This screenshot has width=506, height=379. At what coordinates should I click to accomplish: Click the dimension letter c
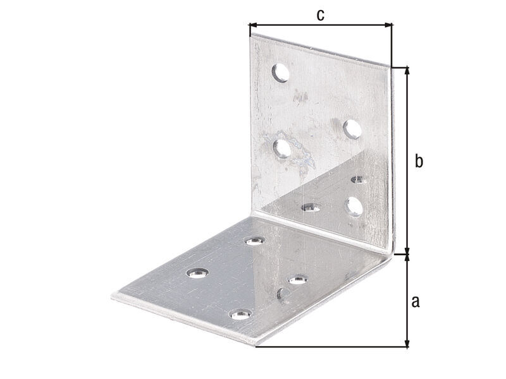(x=320, y=15)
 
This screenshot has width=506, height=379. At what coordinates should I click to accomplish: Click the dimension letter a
(x=416, y=301)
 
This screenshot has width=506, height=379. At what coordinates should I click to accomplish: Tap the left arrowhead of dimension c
(x=252, y=25)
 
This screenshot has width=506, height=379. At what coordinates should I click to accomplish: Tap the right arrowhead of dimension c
(x=389, y=25)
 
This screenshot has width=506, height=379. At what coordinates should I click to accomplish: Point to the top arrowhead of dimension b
(x=407, y=70)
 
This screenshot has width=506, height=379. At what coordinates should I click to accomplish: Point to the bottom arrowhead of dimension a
(x=407, y=344)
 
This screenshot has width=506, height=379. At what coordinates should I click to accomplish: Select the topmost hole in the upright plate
(x=280, y=73)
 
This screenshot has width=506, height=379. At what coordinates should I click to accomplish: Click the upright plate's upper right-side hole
(x=352, y=129)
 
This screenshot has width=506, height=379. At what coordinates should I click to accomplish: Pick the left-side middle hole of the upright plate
(x=282, y=149)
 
